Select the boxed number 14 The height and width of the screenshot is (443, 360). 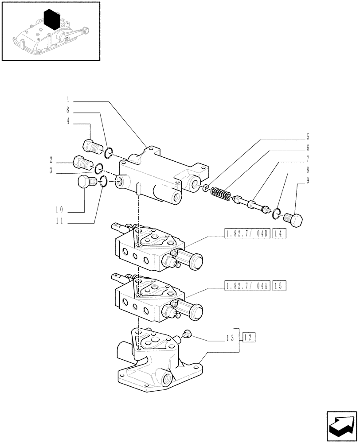point(280,233)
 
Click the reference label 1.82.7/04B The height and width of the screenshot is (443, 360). point(247,233)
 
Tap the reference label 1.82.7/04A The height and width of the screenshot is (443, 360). point(247,286)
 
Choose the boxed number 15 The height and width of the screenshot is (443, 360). point(280,286)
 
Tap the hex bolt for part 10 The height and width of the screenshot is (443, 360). point(85,183)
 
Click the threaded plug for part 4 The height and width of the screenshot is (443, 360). point(91,145)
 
